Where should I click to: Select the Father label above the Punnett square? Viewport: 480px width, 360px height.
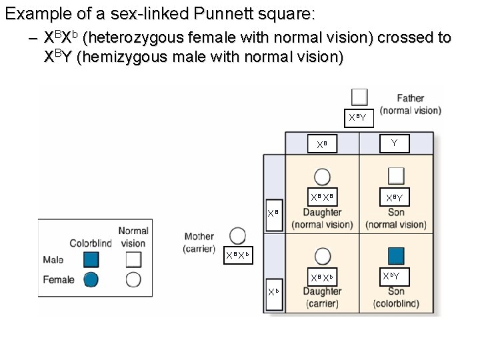411,98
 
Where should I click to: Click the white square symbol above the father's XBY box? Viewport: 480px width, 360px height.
360,97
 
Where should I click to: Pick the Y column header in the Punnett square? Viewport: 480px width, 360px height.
395,143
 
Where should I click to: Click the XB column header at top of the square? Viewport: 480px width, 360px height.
322,144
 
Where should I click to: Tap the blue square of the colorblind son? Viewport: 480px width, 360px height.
396,256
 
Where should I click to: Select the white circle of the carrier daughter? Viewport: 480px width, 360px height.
322,256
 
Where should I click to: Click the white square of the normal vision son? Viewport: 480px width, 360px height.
396,175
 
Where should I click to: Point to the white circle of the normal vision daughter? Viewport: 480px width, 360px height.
322,176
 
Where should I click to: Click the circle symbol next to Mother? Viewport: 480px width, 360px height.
237,236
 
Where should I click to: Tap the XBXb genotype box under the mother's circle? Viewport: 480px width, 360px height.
237,255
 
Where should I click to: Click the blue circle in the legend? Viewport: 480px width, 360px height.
91,280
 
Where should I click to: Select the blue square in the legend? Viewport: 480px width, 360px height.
91,259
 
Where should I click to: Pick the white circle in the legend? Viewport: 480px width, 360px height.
133,280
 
